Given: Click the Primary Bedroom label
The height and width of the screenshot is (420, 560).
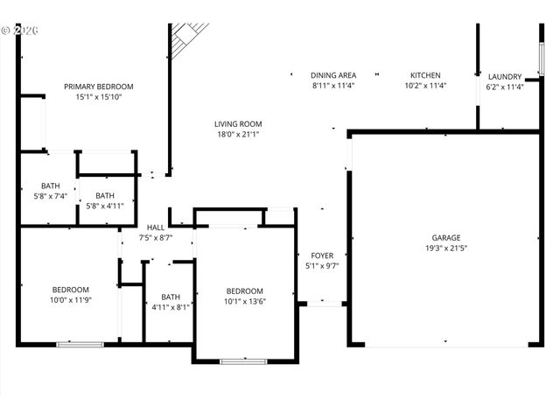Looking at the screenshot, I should [98, 87].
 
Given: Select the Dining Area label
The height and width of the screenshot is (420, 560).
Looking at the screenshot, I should [332, 76].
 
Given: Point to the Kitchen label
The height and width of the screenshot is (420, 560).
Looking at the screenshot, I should [425, 76].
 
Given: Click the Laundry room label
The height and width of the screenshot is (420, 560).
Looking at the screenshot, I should [504, 77].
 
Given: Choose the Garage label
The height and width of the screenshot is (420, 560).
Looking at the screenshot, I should [446, 237].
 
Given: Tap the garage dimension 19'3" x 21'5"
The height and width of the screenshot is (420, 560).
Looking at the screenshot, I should [446, 248].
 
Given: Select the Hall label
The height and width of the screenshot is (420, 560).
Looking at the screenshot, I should [156, 227].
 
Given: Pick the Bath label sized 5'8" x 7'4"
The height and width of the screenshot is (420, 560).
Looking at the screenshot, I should [50, 185].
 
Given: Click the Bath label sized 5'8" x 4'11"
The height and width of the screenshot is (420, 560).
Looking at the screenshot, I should [104, 196].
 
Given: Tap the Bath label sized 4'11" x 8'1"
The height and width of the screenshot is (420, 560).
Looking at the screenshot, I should [170, 297].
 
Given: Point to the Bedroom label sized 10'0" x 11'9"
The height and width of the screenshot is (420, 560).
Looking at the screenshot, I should [70, 290].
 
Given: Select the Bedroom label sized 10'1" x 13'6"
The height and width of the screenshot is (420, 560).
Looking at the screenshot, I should [244, 291].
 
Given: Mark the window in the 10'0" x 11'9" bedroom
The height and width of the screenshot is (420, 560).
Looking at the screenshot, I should [80, 344].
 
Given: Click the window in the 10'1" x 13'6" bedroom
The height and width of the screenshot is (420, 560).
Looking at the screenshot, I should [243, 360].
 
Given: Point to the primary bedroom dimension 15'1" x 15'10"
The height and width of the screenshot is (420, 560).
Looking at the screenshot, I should [98, 97].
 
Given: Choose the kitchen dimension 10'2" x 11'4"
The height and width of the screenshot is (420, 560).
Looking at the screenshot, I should [425, 87].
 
